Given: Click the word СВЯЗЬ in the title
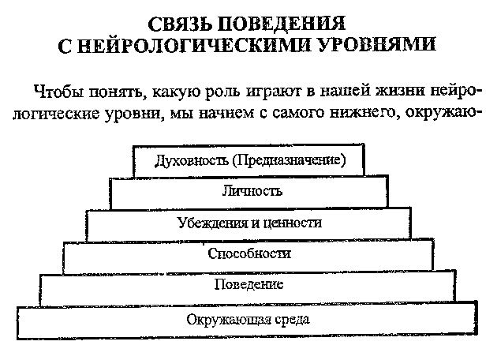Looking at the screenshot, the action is tap(180, 24).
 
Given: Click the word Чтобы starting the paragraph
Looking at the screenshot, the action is tap(58, 92).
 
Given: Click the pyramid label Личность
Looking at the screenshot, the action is tap(252, 191).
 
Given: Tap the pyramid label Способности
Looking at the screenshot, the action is tap(249, 253).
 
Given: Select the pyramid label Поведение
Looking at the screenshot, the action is tap(248, 284).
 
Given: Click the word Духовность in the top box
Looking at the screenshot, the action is tap(192, 160).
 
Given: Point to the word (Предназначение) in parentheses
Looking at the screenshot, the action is tap(289, 160).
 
